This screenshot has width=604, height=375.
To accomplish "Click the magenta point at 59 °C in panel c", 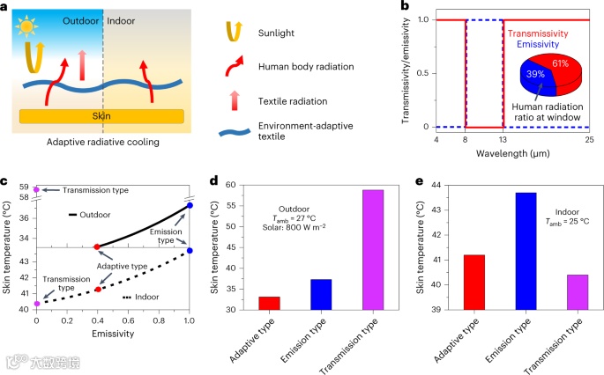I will coord(36,189).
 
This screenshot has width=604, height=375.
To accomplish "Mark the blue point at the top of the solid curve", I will coord(190,205).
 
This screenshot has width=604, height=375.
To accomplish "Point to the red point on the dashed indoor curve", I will coord(98,289).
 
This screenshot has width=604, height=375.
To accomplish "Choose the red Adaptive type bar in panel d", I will coord(269,303).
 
